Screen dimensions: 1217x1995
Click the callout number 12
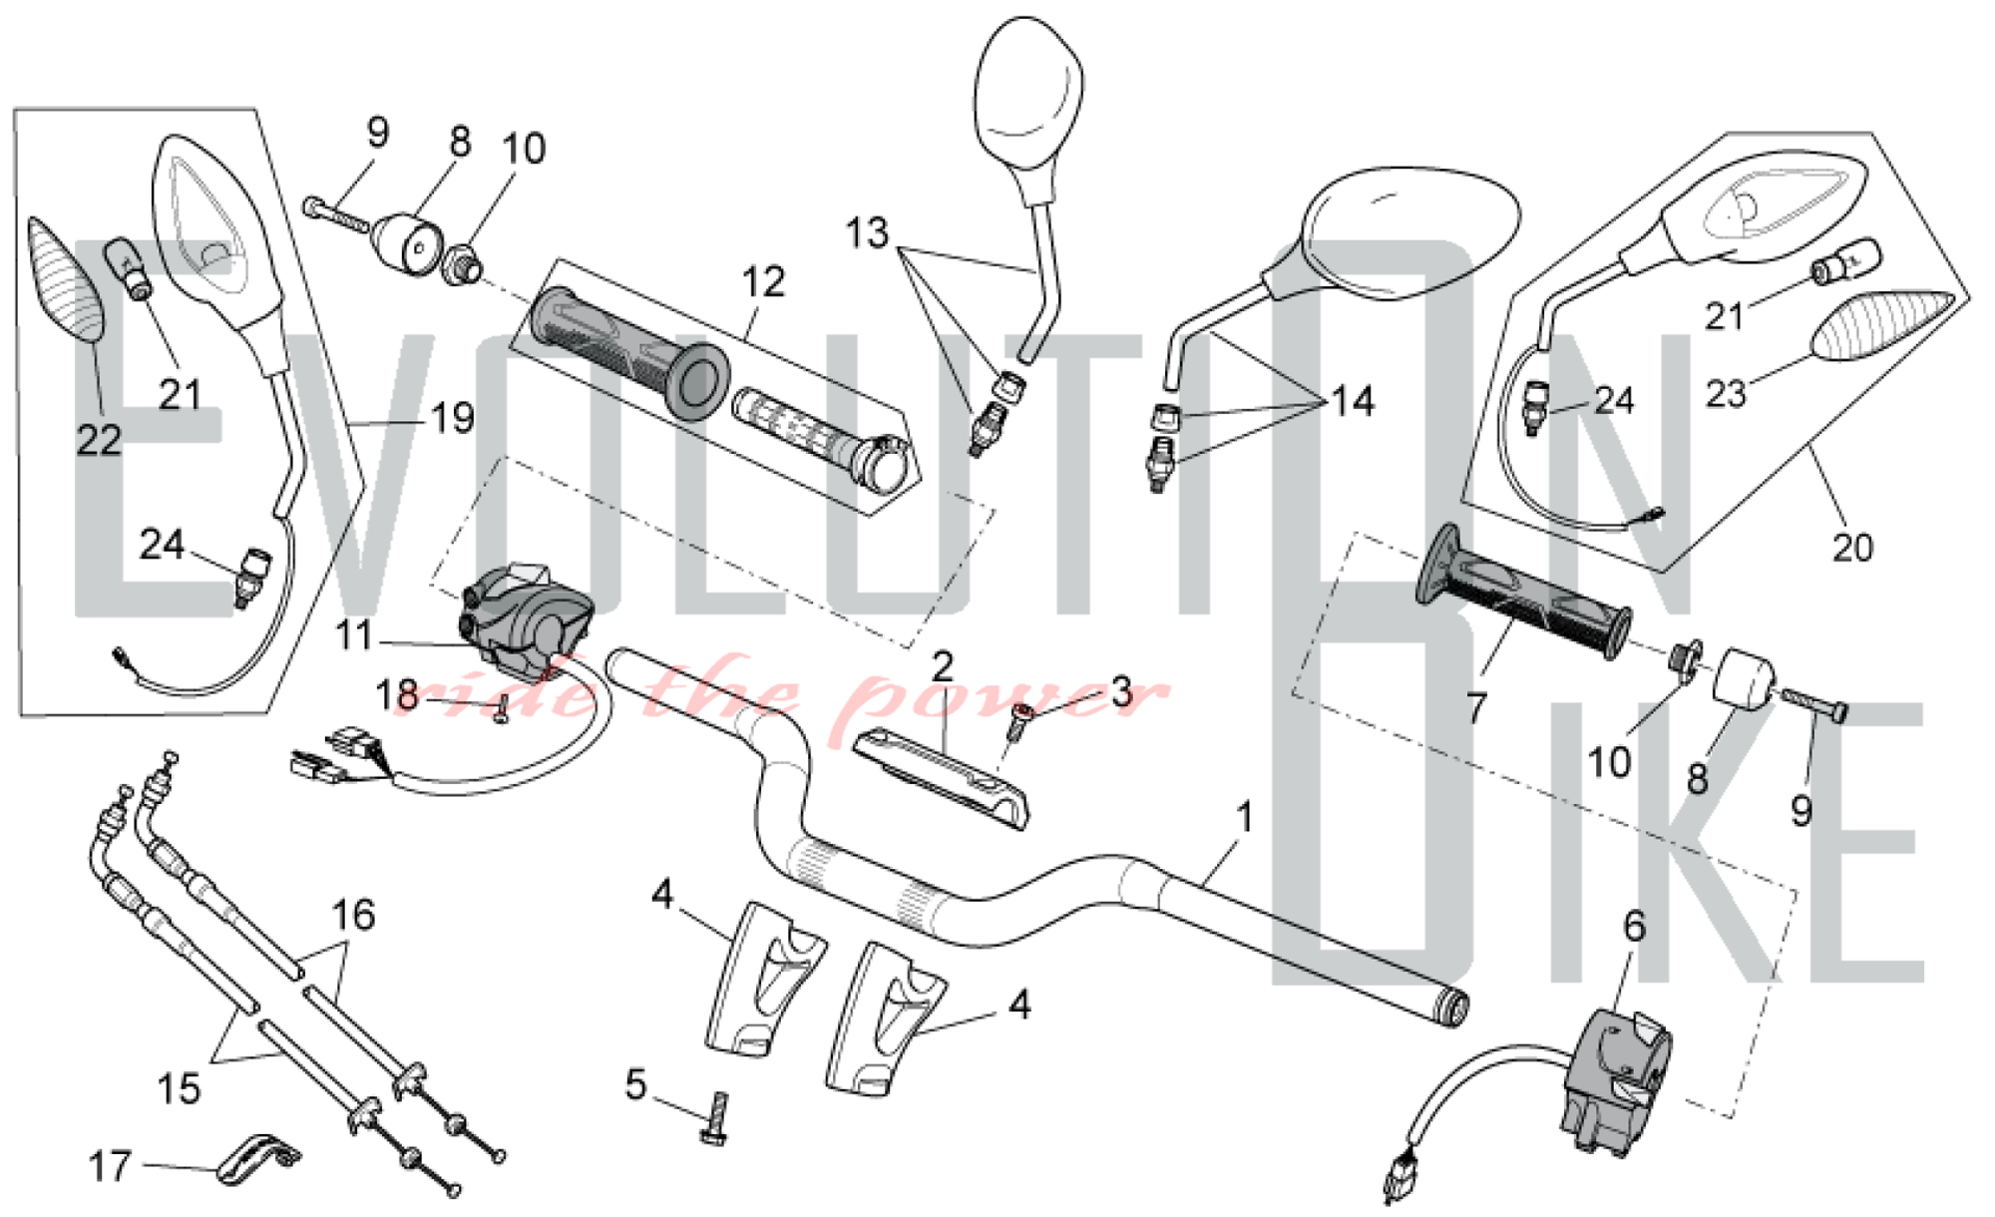(763, 282)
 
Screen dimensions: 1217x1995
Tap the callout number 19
(452, 418)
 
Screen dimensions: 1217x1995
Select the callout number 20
(1852, 548)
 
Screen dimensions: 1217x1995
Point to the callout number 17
(110, 1165)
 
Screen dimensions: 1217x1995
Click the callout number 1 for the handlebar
(1243, 818)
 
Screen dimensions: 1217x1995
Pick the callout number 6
(1634, 927)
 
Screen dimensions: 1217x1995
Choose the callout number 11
(354, 635)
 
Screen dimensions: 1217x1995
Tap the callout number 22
(99, 440)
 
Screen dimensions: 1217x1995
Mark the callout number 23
(1726, 393)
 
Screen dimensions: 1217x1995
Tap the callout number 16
(353, 915)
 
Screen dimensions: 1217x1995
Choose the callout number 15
(179, 1088)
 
